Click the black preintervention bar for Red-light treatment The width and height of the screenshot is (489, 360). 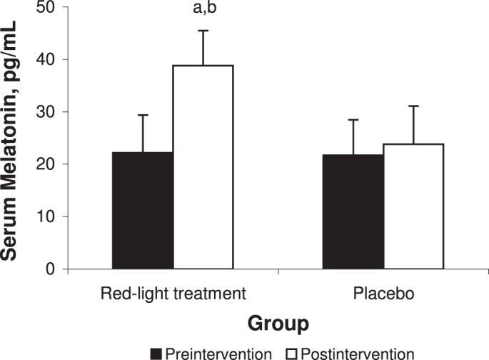pos(143,211)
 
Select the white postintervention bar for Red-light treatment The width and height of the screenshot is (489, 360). pos(203,167)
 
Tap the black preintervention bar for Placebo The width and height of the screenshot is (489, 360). pos(353,212)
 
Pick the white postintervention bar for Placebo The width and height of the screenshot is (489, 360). pos(413,206)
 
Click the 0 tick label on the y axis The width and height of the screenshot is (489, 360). pos(56,269)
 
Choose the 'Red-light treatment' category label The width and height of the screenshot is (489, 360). pos(172,294)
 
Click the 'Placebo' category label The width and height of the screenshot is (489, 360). pos(383,294)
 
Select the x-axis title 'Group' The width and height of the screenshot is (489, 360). pos(278,324)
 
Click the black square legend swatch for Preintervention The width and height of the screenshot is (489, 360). pos(156,354)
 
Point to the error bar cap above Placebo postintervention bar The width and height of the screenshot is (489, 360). pos(413,106)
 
